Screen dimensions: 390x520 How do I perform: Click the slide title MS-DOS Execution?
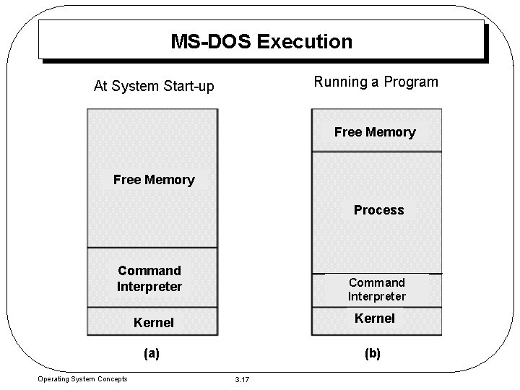261,41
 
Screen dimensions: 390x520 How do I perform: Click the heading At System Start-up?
154,87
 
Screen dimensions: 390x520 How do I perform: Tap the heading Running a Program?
376,82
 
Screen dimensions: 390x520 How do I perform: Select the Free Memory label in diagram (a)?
154,180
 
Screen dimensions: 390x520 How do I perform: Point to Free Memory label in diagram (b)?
375,132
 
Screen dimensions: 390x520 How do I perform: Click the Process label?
378,210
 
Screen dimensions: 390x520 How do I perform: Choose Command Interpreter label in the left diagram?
149,279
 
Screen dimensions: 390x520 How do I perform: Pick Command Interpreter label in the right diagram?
377,289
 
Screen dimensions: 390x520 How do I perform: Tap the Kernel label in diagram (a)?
154,323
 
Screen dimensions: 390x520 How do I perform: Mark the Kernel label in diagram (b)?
376,318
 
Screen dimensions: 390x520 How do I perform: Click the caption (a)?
152,354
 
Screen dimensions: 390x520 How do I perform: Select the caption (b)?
373,354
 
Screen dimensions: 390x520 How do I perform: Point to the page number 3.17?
242,380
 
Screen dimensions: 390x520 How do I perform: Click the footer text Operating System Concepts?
83,379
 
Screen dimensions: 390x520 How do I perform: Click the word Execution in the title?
305,41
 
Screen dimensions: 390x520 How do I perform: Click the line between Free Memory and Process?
376,152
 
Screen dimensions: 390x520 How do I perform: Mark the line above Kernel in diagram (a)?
152,307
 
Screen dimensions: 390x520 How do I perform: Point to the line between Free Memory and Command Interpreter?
152,248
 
